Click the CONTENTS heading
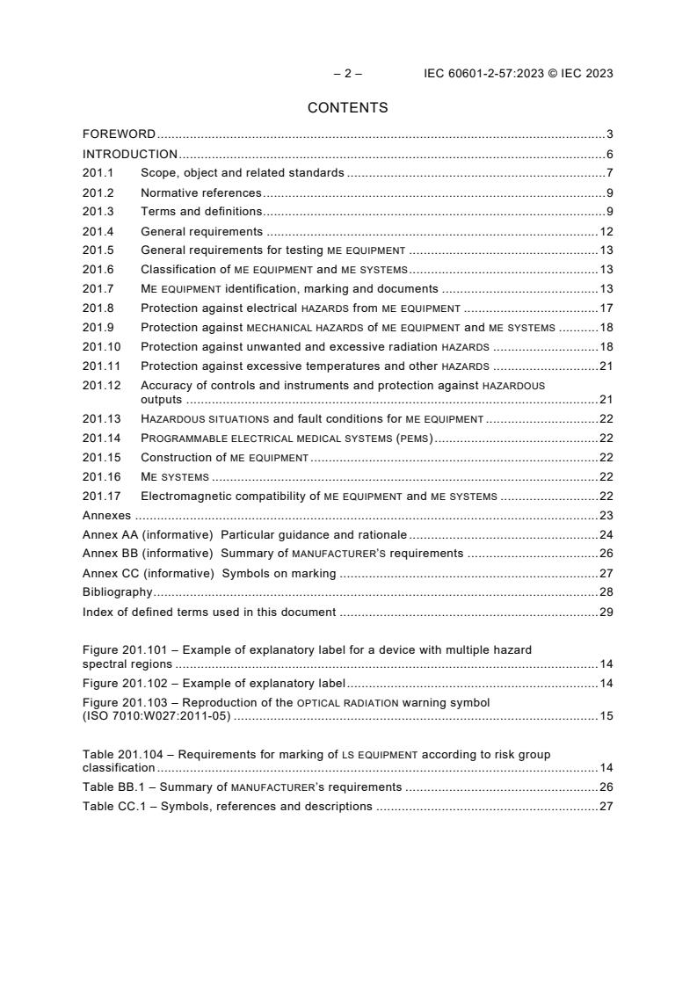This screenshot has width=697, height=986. (347, 108)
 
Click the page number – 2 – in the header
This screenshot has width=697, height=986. (347, 74)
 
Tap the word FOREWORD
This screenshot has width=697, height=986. (119, 134)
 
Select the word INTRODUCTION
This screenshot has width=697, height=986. (130, 154)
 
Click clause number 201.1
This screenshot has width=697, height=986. (98, 173)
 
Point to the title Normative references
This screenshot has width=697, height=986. (201, 192)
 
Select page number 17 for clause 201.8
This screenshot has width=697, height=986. (606, 308)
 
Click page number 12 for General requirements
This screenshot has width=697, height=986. (606, 231)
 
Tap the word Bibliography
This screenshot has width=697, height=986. (118, 592)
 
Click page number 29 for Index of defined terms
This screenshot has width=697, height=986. (606, 612)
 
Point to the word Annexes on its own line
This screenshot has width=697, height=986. (106, 515)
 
